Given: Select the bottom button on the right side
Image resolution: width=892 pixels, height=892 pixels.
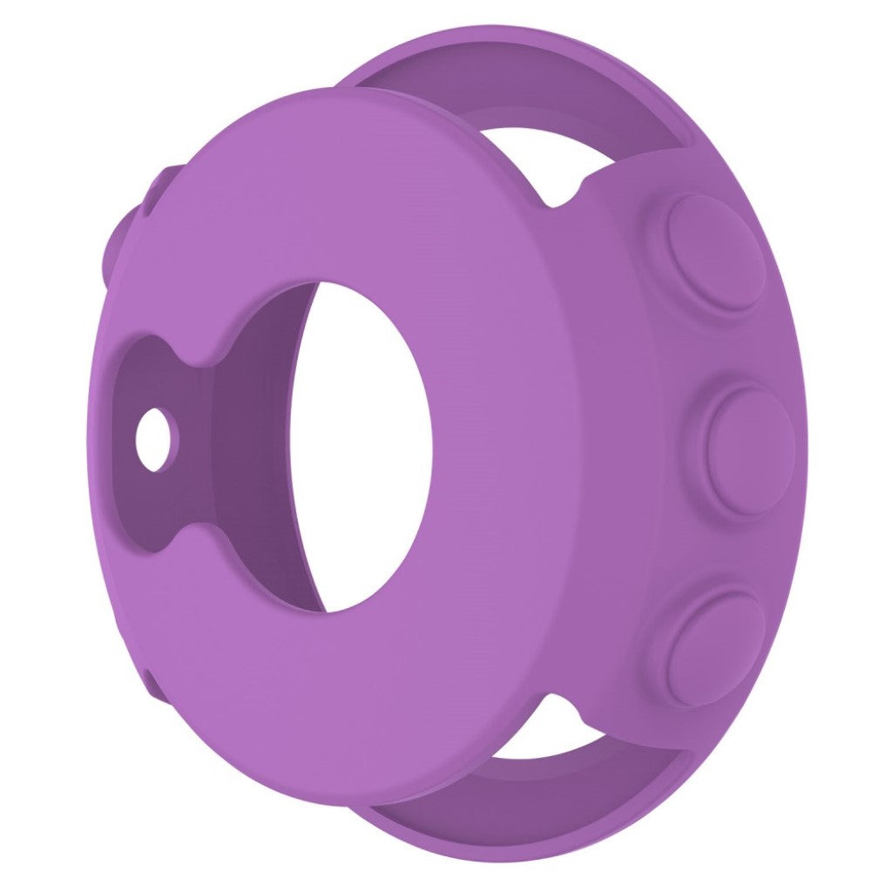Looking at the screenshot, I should coord(714,646).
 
